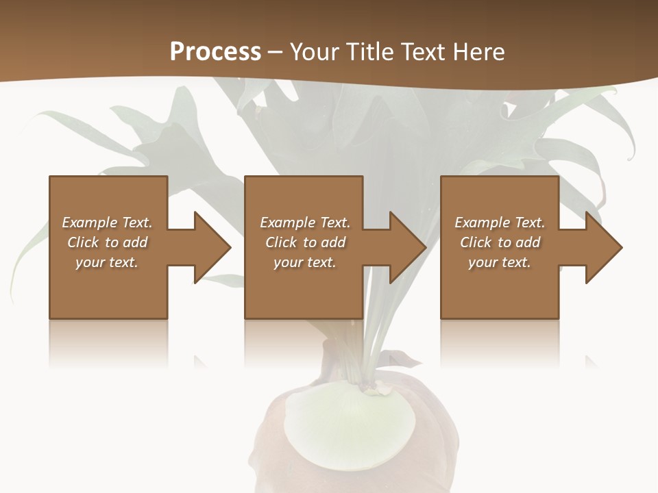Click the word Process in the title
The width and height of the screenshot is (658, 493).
click(215, 52)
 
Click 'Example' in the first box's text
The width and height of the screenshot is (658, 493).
click(90, 223)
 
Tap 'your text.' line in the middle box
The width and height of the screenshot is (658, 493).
click(304, 262)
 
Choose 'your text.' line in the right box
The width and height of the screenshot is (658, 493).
click(499, 262)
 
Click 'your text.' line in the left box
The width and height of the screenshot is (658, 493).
click(107, 262)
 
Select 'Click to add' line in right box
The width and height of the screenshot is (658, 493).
click(500, 242)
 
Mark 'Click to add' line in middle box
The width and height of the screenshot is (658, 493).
click(306, 242)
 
